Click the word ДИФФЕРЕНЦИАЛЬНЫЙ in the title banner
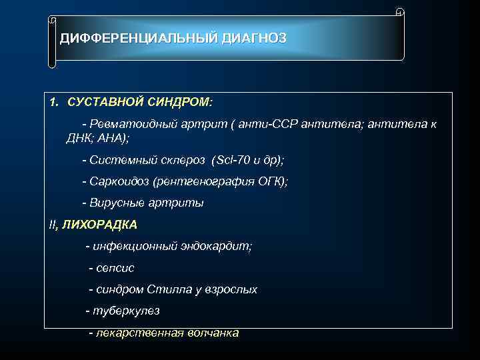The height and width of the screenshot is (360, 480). (137, 39)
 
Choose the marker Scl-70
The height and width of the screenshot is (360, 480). (231, 161)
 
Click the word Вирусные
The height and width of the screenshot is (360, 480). (114, 203)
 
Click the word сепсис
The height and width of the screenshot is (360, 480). (115, 267)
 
